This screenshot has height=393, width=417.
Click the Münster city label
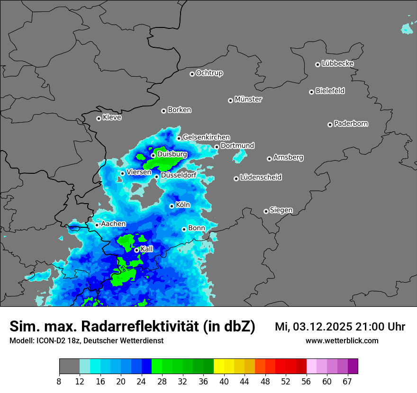248,99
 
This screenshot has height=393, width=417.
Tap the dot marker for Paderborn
330,125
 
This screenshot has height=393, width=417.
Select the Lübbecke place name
337,63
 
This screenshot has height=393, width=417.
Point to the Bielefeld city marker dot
311,92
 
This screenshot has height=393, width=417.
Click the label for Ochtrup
209,73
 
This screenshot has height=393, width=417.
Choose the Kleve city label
112,117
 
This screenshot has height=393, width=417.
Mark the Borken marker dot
163,111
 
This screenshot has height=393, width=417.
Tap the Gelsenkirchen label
206,137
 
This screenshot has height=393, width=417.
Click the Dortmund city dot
217,147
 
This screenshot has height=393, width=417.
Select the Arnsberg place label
288,158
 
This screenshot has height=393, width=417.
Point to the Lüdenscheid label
261,178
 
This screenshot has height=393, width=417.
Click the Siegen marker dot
266,211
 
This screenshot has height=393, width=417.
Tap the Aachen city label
113,224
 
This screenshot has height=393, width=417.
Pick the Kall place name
147,249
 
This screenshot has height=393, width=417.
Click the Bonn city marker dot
184,229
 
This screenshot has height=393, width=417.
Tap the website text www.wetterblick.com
342,340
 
